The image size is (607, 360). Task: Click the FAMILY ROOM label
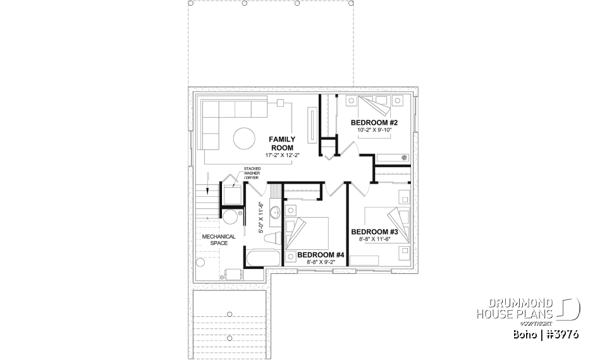pos(281,143)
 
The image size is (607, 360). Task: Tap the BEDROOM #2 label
pos(373,122)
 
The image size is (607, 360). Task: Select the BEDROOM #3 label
pos(373,232)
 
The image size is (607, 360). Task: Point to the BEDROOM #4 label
pos(320,255)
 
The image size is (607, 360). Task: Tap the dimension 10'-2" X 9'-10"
pos(374,130)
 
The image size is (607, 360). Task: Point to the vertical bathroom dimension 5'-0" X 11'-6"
pos(262,218)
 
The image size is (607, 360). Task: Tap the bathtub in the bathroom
pos(262,259)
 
